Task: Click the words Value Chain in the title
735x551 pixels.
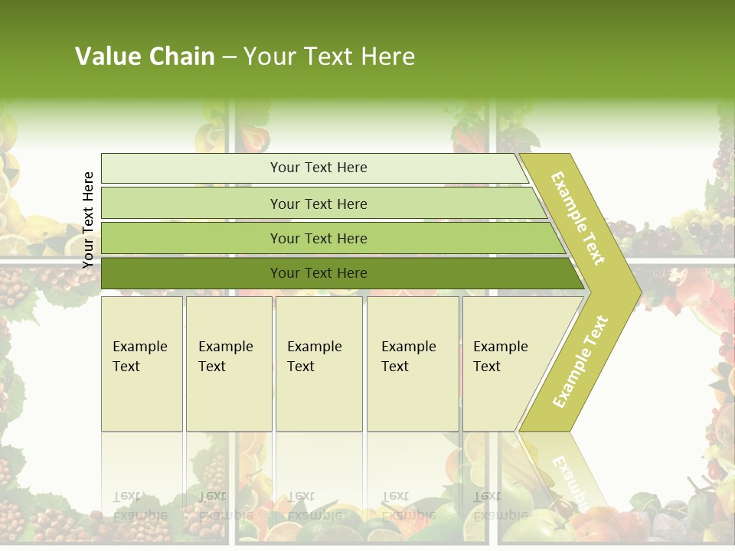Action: coord(145,57)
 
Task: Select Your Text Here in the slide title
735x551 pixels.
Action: coord(329,57)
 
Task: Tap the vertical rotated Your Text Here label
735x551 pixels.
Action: coord(88,220)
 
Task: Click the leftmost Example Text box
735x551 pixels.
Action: coord(142,364)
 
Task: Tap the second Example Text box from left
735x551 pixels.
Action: coord(228,364)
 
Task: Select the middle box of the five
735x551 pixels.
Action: coord(318,364)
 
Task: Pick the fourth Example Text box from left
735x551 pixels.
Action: coord(412,364)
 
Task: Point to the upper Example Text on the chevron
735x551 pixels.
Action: coord(578,218)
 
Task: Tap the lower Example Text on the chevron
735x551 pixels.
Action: coord(580,361)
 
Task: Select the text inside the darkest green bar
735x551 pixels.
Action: coord(318,273)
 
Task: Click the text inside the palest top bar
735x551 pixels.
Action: coord(318,168)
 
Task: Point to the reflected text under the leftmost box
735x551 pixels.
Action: coord(140,506)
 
